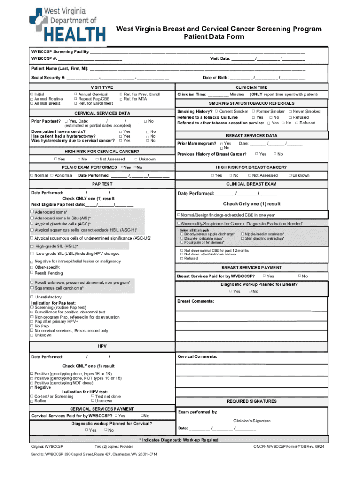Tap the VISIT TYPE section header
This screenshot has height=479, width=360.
click(x=101, y=87)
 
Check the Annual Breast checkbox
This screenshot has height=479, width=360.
click(x=32, y=103)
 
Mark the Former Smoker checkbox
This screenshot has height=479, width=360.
click(x=253, y=111)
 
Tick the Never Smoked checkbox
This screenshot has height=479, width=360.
click(x=289, y=111)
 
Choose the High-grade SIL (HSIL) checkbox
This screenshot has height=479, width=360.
click(x=32, y=246)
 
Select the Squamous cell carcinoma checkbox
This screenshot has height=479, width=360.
click(x=32, y=288)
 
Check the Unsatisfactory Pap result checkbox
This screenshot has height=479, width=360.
click(x=32, y=297)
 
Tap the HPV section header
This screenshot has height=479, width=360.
click(x=101, y=346)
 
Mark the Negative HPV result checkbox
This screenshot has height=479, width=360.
click(x=32, y=387)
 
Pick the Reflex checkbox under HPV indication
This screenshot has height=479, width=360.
click(x=32, y=401)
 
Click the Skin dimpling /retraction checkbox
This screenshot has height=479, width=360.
click(x=242, y=238)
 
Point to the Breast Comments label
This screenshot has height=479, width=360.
click(x=195, y=301)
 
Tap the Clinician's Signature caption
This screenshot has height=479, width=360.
click(x=252, y=421)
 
